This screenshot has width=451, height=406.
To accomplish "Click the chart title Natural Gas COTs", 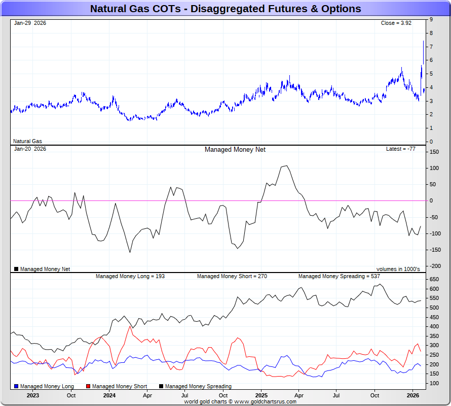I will point(225,9).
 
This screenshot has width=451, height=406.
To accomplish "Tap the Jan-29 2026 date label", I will point(30,23).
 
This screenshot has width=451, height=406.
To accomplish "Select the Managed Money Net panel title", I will point(235,149).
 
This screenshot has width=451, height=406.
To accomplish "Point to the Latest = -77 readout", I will point(401,149).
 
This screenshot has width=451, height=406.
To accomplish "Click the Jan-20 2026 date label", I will point(30,149).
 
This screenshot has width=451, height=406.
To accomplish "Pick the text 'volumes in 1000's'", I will point(398,269).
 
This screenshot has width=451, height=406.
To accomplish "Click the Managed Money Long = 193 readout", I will point(130,276).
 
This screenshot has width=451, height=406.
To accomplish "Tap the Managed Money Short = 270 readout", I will point(232,276).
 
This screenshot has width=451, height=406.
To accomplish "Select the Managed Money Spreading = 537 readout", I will point(339,276).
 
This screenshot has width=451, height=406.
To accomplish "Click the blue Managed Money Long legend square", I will point(16,387).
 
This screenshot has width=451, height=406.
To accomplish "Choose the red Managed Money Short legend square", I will point(89,387).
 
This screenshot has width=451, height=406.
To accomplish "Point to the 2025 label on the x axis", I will point(261,395).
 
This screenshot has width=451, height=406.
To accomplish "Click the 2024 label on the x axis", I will point(109,395).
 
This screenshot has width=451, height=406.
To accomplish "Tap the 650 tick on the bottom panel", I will point(434,279).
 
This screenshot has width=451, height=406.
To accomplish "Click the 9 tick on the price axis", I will point(431,19).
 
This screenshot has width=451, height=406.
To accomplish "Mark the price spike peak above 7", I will point(423,41).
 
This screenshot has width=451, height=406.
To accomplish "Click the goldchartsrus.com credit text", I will point(240,401).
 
